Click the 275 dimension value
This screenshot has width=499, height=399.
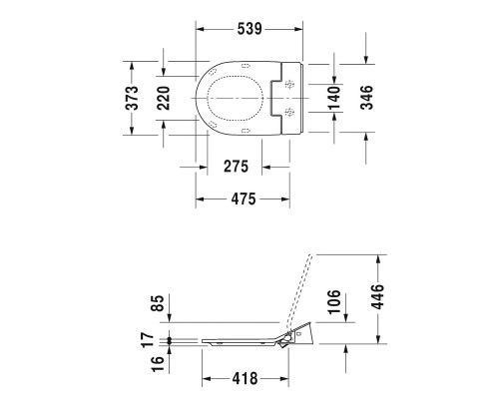coord(235,165)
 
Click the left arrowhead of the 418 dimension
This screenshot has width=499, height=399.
coord(206,379)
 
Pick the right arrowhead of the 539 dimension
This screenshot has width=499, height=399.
coord(299,30)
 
